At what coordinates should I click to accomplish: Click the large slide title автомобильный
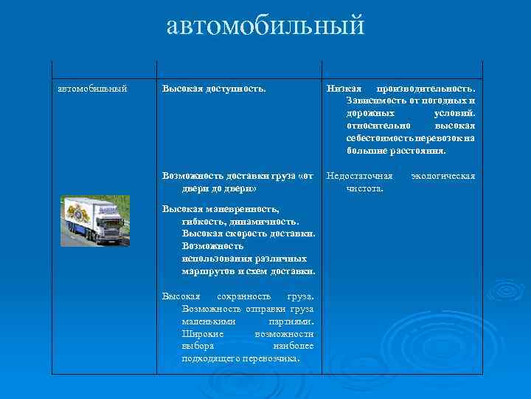(265, 27)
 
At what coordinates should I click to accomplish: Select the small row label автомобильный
(92, 89)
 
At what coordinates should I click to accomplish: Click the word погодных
(445, 101)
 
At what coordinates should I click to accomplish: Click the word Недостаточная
(360, 177)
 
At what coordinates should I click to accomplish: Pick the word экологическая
(442, 177)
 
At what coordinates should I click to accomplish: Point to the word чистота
(364, 189)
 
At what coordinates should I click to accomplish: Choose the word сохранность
(247, 296)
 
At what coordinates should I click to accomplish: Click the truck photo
(95, 220)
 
